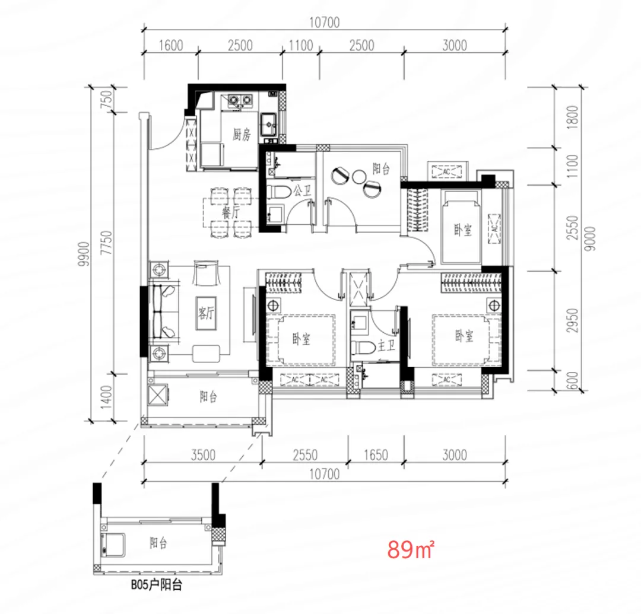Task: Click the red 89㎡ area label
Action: point(411,549)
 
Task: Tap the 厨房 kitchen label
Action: point(242,135)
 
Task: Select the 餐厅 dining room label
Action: point(231,212)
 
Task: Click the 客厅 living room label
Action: point(206,313)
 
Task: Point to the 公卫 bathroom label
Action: point(302,190)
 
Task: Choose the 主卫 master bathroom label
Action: point(386,346)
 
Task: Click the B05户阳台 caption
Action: point(156,584)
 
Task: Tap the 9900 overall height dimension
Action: point(84,254)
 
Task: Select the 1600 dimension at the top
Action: point(171,45)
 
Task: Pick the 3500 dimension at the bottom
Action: point(203,454)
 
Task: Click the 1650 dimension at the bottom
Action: point(376,454)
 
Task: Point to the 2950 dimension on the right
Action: point(573,320)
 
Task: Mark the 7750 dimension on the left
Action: point(106,243)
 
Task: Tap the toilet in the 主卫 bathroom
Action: point(363,348)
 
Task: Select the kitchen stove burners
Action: point(240,100)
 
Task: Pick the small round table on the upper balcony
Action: point(359,177)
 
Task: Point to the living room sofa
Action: point(164,312)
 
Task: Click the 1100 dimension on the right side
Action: point(573,166)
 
